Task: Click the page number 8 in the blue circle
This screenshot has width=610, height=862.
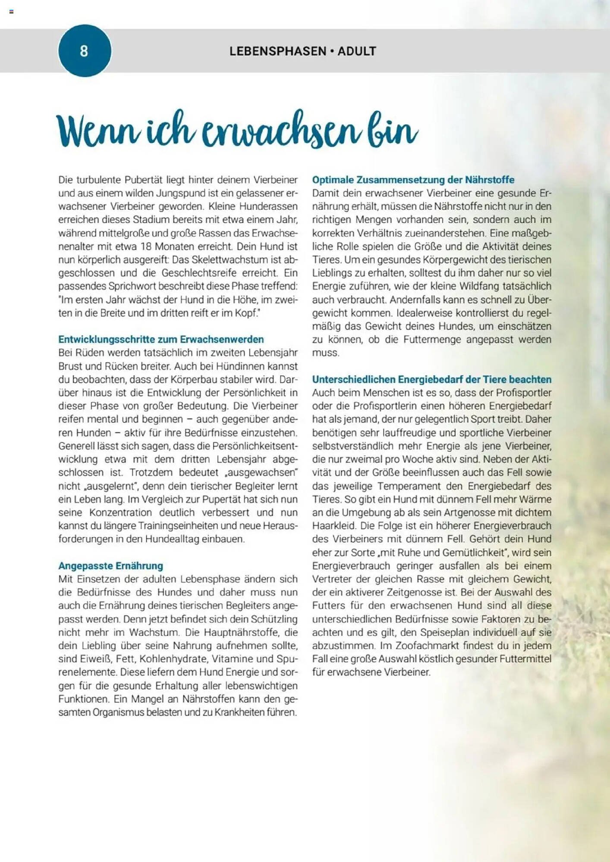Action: click(84, 51)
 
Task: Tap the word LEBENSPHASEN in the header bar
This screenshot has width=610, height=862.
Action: click(278, 51)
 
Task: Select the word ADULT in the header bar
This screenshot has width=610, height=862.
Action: click(357, 51)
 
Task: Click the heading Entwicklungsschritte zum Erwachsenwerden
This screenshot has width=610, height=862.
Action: click(161, 339)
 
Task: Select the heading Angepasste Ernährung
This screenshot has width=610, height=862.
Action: click(110, 566)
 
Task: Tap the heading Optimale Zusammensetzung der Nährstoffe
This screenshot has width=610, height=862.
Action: click(413, 180)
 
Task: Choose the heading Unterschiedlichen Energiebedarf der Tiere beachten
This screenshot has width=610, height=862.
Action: click(431, 379)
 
